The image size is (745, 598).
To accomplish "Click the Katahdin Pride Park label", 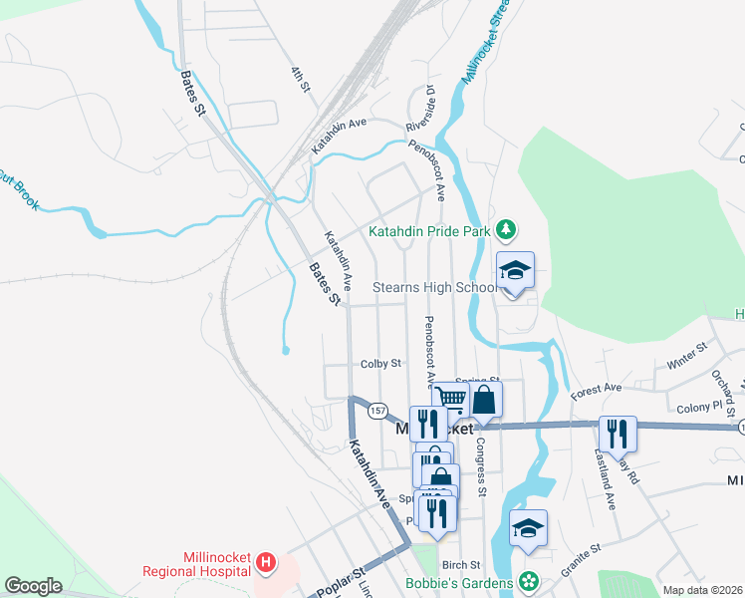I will (431, 230).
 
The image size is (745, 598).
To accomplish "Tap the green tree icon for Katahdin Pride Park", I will (507, 230).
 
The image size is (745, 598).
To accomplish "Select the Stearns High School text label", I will (433, 287).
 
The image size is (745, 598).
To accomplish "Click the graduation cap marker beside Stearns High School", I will (516, 271).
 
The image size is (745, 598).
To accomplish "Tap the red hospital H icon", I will (265, 563).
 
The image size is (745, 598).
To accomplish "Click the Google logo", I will (33, 586).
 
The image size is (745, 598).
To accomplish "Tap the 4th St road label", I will (298, 80).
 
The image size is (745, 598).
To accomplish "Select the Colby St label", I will (380, 364).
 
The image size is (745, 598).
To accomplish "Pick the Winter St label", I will (686, 353).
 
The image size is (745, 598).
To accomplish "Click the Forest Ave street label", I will (596, 392).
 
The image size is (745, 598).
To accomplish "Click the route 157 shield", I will (376, 410).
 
